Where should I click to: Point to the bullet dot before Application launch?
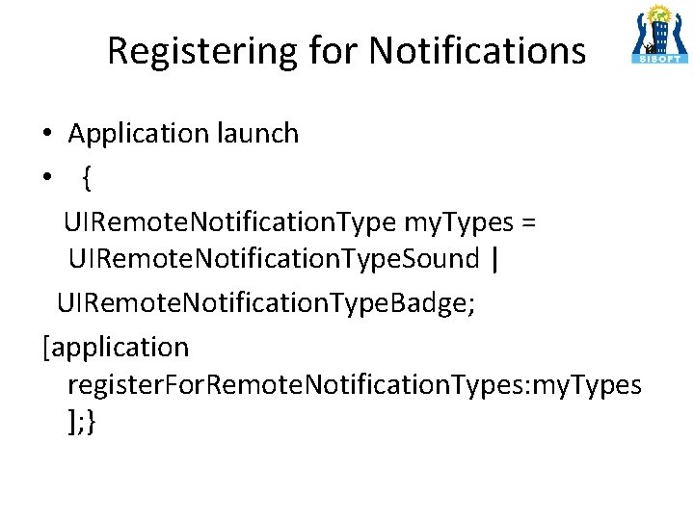[46, 135]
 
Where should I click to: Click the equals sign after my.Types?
[527, 222]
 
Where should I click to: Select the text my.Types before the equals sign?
[458, 222]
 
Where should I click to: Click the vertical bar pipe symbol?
[495, 258]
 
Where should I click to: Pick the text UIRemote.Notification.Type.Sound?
[274, 258]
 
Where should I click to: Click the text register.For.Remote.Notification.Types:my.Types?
[354, 385]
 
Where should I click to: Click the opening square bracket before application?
[46, 346]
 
